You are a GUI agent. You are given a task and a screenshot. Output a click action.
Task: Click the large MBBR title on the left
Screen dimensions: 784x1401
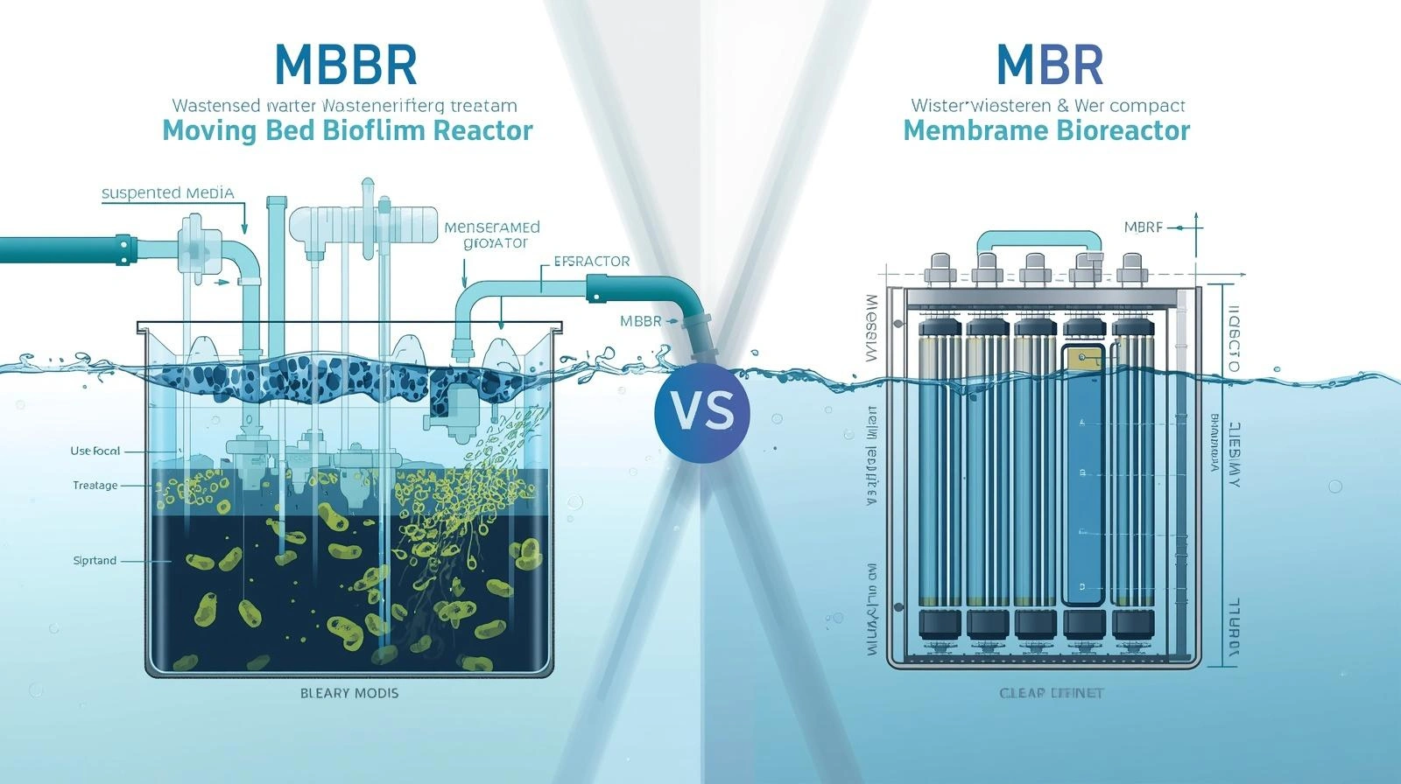[x=346, y=64]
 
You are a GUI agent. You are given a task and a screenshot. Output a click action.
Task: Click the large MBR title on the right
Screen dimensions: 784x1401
[x=1049, y=64]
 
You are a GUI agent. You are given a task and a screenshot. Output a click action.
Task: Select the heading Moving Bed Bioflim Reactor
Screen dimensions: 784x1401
[x=348, y=131]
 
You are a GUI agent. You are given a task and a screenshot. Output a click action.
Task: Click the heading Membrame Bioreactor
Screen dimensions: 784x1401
[x=1046, y=131]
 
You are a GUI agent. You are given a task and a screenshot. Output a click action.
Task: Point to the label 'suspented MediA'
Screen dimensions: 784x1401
[x=168, y=193]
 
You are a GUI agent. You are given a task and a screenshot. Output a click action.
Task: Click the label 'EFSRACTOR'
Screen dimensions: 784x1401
[x=592, y=262]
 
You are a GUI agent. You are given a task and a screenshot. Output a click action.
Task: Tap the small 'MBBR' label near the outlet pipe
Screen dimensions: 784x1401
[x=641, y=321]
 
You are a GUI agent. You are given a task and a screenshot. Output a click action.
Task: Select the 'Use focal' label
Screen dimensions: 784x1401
[x=95, y=451]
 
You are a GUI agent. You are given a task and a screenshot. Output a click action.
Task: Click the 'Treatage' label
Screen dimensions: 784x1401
[x=95, y=486]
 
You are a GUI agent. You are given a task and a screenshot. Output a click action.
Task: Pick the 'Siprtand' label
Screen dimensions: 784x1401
[x=95, y=561]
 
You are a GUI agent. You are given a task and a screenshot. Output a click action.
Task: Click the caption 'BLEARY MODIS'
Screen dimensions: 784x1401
[x=349, y=693]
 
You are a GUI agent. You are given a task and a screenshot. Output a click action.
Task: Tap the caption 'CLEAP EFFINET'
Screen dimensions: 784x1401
[x=1052, y=693]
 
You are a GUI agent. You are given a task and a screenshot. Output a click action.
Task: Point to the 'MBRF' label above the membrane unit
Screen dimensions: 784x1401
[x=1143, y=227]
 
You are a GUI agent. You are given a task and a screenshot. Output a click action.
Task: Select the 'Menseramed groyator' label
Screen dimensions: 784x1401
[x=492, y=235]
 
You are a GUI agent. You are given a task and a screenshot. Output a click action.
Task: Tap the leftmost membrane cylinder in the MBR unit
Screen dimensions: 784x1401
[x=940, y=472]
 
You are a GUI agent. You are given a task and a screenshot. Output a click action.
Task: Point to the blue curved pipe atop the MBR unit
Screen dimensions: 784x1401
[x=1038, y=238]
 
